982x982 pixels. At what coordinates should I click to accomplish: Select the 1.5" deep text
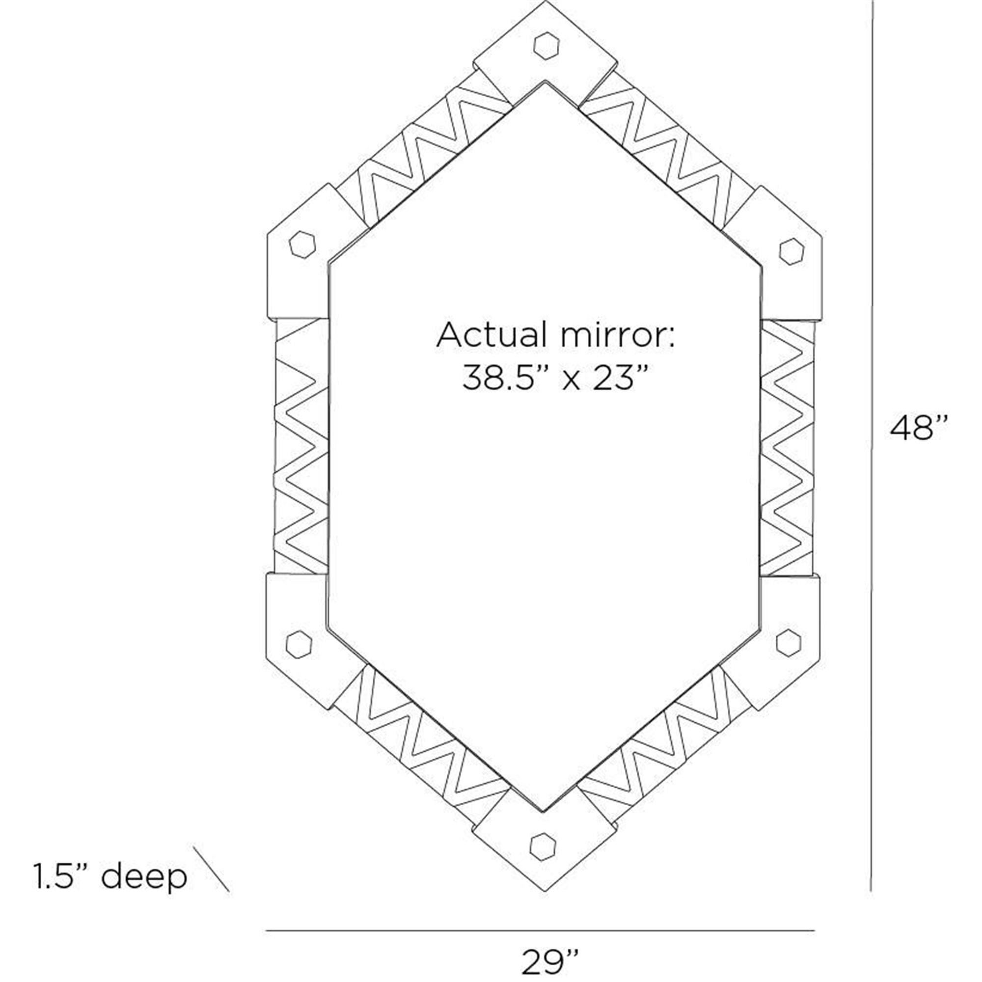(110, 873)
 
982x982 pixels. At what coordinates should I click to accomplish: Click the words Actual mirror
(555, 335)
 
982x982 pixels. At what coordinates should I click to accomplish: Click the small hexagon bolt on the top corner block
(546, 46)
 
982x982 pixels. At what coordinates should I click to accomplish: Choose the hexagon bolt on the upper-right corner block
(791, 251)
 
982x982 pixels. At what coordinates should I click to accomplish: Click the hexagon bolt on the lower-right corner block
(789, 642)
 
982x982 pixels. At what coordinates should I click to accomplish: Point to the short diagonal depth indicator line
(212, 869)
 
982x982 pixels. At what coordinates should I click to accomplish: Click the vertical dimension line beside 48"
(871, 445)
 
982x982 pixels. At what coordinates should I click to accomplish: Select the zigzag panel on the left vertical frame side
(301, 446)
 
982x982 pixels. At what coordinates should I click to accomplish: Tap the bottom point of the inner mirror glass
(544, 810)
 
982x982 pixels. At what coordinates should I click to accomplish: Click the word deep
(144, 873)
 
